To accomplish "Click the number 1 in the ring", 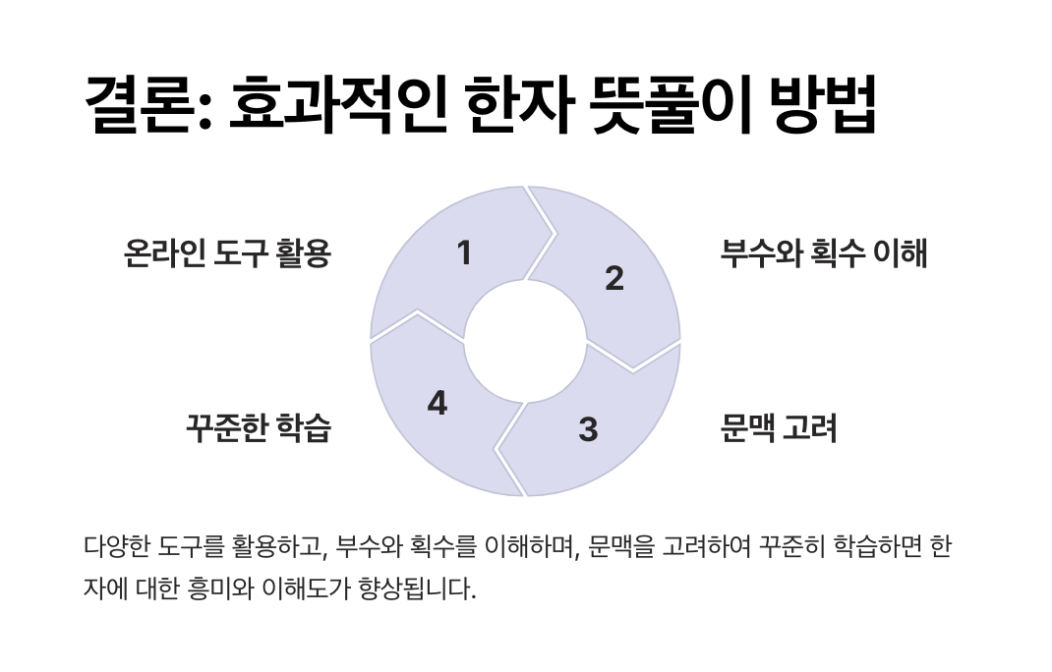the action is [x=464, y=253].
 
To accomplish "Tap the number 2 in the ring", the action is [x=614, y=279].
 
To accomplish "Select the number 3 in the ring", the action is [x=588, y=429].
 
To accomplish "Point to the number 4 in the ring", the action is [x=438, y=403].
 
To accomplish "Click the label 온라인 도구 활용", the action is [x=227, y=254].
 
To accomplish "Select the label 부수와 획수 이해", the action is [x=824, y=254].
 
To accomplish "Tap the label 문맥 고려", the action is [x=779, y=429].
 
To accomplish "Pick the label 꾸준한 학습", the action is [x=259, y=429].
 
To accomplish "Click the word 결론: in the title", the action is [x=147, y=106].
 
